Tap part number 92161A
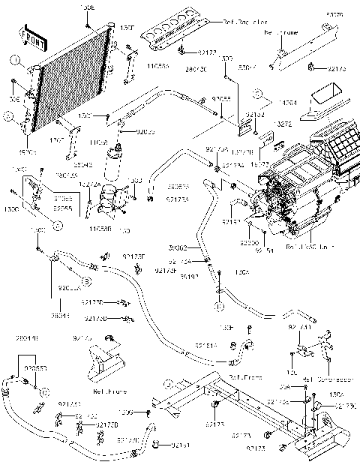[206, 345]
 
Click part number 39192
[189, 276]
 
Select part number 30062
[178, 247]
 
